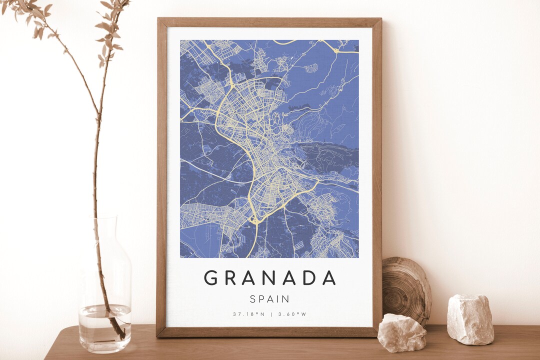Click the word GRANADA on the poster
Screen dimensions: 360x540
pos(269,277)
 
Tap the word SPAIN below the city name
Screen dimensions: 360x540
pos(269,299)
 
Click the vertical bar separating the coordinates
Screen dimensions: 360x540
pos(270,314)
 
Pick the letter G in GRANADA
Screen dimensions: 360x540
pos(211,277)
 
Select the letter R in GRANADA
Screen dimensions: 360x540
pos(230,277)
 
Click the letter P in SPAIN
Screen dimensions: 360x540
pos(262,299)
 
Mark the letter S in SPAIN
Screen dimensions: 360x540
pos(253,299)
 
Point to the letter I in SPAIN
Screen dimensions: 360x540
pos(279,299)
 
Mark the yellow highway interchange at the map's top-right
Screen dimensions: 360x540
pos(336,50)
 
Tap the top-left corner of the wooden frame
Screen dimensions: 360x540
pos(159,20)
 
